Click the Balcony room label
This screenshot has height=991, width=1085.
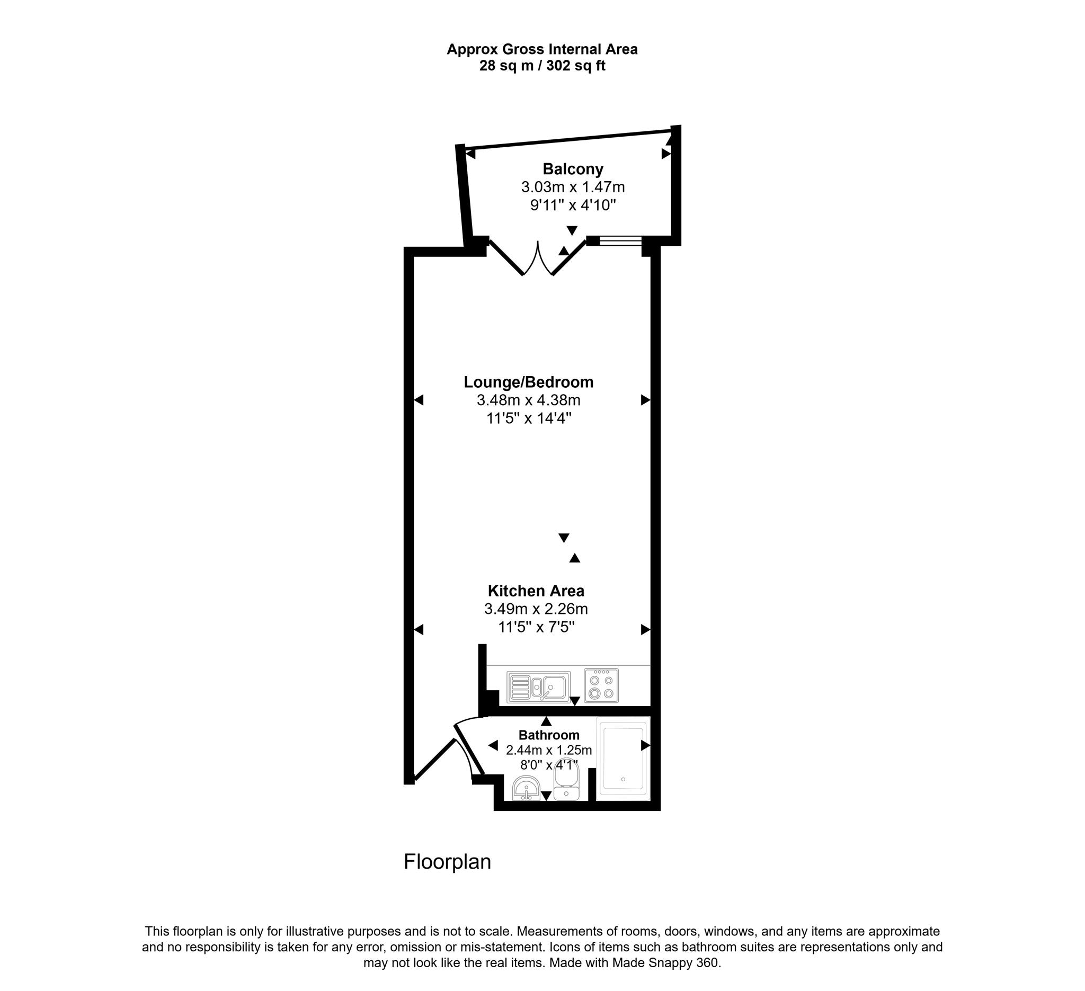pos(573,169)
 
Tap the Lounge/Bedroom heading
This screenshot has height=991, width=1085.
pos(529,382)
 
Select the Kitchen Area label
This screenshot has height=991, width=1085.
pos(536,591)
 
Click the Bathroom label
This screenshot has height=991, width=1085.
pos(549,735)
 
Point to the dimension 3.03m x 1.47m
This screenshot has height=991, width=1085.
pos(573,187)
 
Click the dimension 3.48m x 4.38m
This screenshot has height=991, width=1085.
pos(529,400)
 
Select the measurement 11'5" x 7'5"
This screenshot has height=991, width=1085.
pos(536,627)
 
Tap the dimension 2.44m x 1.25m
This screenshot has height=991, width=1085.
pos(549,750)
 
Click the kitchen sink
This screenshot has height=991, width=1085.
pos(538,688)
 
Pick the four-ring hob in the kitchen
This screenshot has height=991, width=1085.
pos(601,686)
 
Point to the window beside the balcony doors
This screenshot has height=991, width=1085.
pos(620,240)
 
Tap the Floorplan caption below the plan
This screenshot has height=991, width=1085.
pos(447,862)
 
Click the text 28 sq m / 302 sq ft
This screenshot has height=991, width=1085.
pos(542,66)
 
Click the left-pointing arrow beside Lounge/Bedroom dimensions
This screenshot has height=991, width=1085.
pos(419,400)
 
